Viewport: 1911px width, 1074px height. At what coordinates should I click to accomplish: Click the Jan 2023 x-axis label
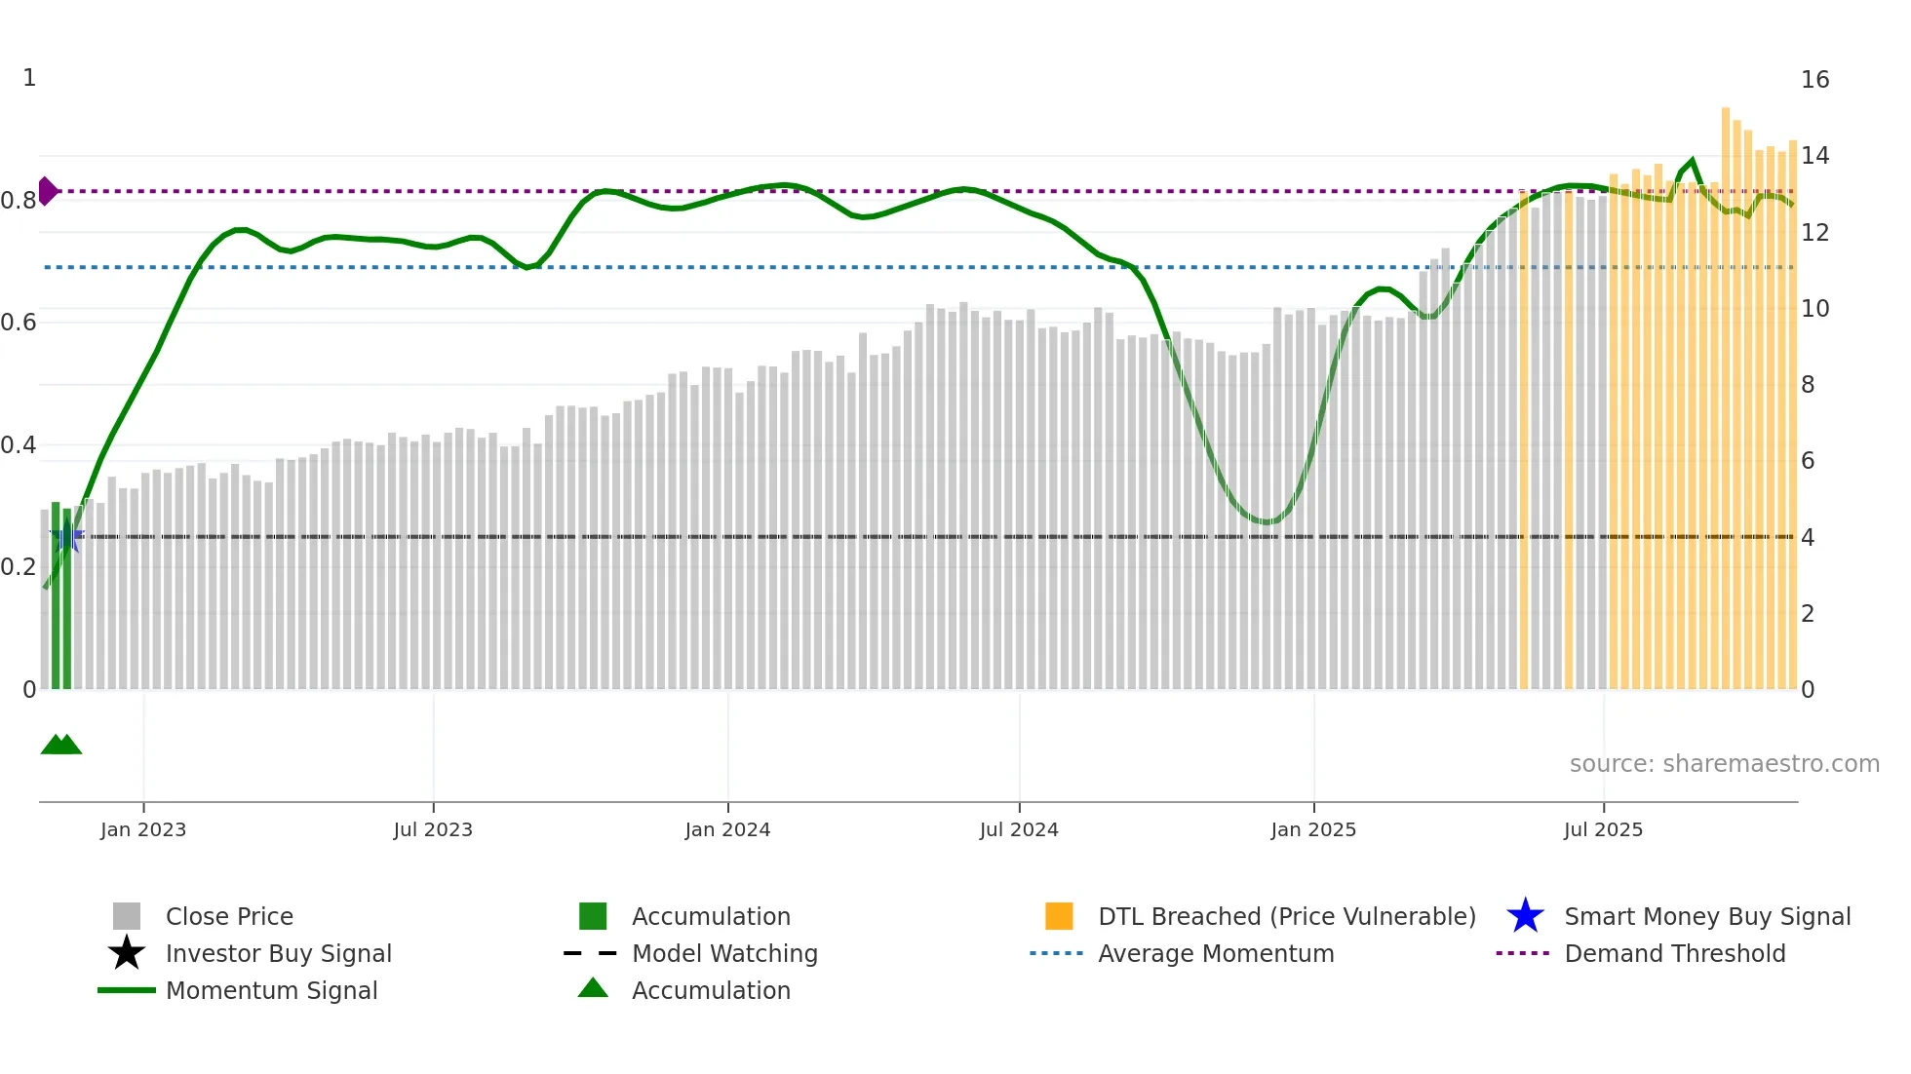coord(142,829)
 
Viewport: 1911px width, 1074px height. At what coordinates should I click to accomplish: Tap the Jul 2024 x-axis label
coord(1019,829)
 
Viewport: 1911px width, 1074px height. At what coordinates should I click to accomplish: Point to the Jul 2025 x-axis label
coord(1603,829)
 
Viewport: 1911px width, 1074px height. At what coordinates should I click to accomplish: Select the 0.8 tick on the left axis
coord(19,201)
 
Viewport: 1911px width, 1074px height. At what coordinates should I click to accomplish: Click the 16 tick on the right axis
coord(1814,80)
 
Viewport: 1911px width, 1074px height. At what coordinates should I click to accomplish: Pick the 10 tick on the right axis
coord(1814,309)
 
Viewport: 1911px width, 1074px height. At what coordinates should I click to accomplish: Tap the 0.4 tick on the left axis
coord(19,445)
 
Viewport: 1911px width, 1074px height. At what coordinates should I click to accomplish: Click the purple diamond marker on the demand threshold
coord(47,191)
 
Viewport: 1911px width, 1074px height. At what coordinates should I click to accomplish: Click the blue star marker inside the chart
coord(67,536)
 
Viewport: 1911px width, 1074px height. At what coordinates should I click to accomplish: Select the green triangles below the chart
coord(60,745)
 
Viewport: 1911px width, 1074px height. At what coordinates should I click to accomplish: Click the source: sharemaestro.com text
coord(1724,764)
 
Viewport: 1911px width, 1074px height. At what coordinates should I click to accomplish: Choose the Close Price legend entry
coord(229,916)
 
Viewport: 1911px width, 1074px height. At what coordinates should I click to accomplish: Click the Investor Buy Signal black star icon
coord(127,953)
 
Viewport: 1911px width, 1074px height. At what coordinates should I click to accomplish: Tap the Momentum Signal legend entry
coord(271,990)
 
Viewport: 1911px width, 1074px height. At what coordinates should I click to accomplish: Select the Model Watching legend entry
coord(723,953)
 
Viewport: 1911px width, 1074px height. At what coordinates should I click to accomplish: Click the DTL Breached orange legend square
coord(1059,916)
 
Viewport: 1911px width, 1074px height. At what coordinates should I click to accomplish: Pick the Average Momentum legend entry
coord(1215,953)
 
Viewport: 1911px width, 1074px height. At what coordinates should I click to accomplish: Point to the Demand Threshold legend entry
coord(1674,953)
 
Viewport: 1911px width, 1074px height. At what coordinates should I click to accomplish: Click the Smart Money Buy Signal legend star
coord(1525,916)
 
